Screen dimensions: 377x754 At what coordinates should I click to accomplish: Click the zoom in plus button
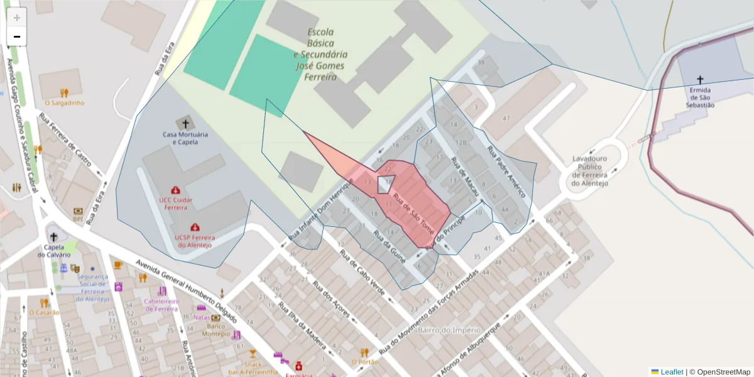tap(17, 18)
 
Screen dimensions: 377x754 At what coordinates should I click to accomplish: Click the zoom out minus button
tap(17, 36)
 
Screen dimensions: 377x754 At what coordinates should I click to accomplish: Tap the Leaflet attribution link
tap(671, 372)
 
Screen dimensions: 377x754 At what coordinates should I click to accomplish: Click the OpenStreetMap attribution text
tap(719, 372)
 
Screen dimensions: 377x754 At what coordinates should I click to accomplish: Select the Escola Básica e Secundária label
tap(320, 55)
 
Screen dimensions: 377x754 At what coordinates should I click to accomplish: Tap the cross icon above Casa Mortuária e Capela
tap(185, 124)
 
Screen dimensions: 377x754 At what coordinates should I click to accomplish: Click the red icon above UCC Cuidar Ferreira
tap(175, 190)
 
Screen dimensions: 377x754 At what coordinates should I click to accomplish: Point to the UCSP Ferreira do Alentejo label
tap(195, 241)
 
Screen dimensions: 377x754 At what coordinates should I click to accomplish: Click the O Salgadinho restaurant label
tap(64, 102)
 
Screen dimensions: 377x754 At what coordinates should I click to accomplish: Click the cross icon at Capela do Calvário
tap(53, 238)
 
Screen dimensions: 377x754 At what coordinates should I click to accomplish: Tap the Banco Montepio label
tap(216, 330)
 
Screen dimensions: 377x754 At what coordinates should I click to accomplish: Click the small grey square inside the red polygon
tap(385, 185)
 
